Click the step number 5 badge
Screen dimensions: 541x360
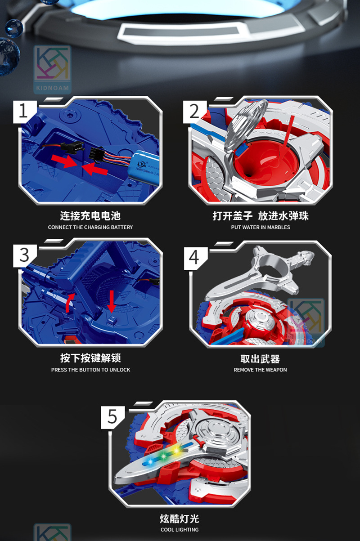112,416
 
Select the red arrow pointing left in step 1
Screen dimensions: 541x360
95,169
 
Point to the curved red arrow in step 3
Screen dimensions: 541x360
68,302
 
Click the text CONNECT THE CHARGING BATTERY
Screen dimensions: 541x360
90,227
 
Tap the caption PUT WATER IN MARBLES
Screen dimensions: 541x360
261,227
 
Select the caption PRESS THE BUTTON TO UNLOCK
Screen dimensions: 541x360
90,370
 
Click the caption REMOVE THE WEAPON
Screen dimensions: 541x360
260,370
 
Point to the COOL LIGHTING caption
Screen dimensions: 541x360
180,530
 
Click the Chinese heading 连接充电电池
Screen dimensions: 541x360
90,216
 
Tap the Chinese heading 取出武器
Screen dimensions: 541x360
260,358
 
